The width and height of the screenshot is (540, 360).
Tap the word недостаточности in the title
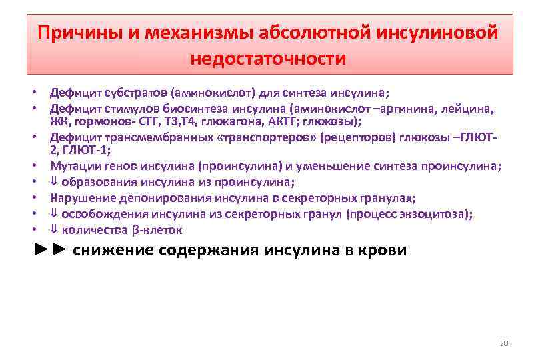(x=269, y=59)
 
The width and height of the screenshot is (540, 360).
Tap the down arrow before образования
(x=55, y=181)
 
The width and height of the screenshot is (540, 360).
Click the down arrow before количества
(x=55, y=230)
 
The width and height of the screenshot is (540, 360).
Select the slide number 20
(x=504, y=343)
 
